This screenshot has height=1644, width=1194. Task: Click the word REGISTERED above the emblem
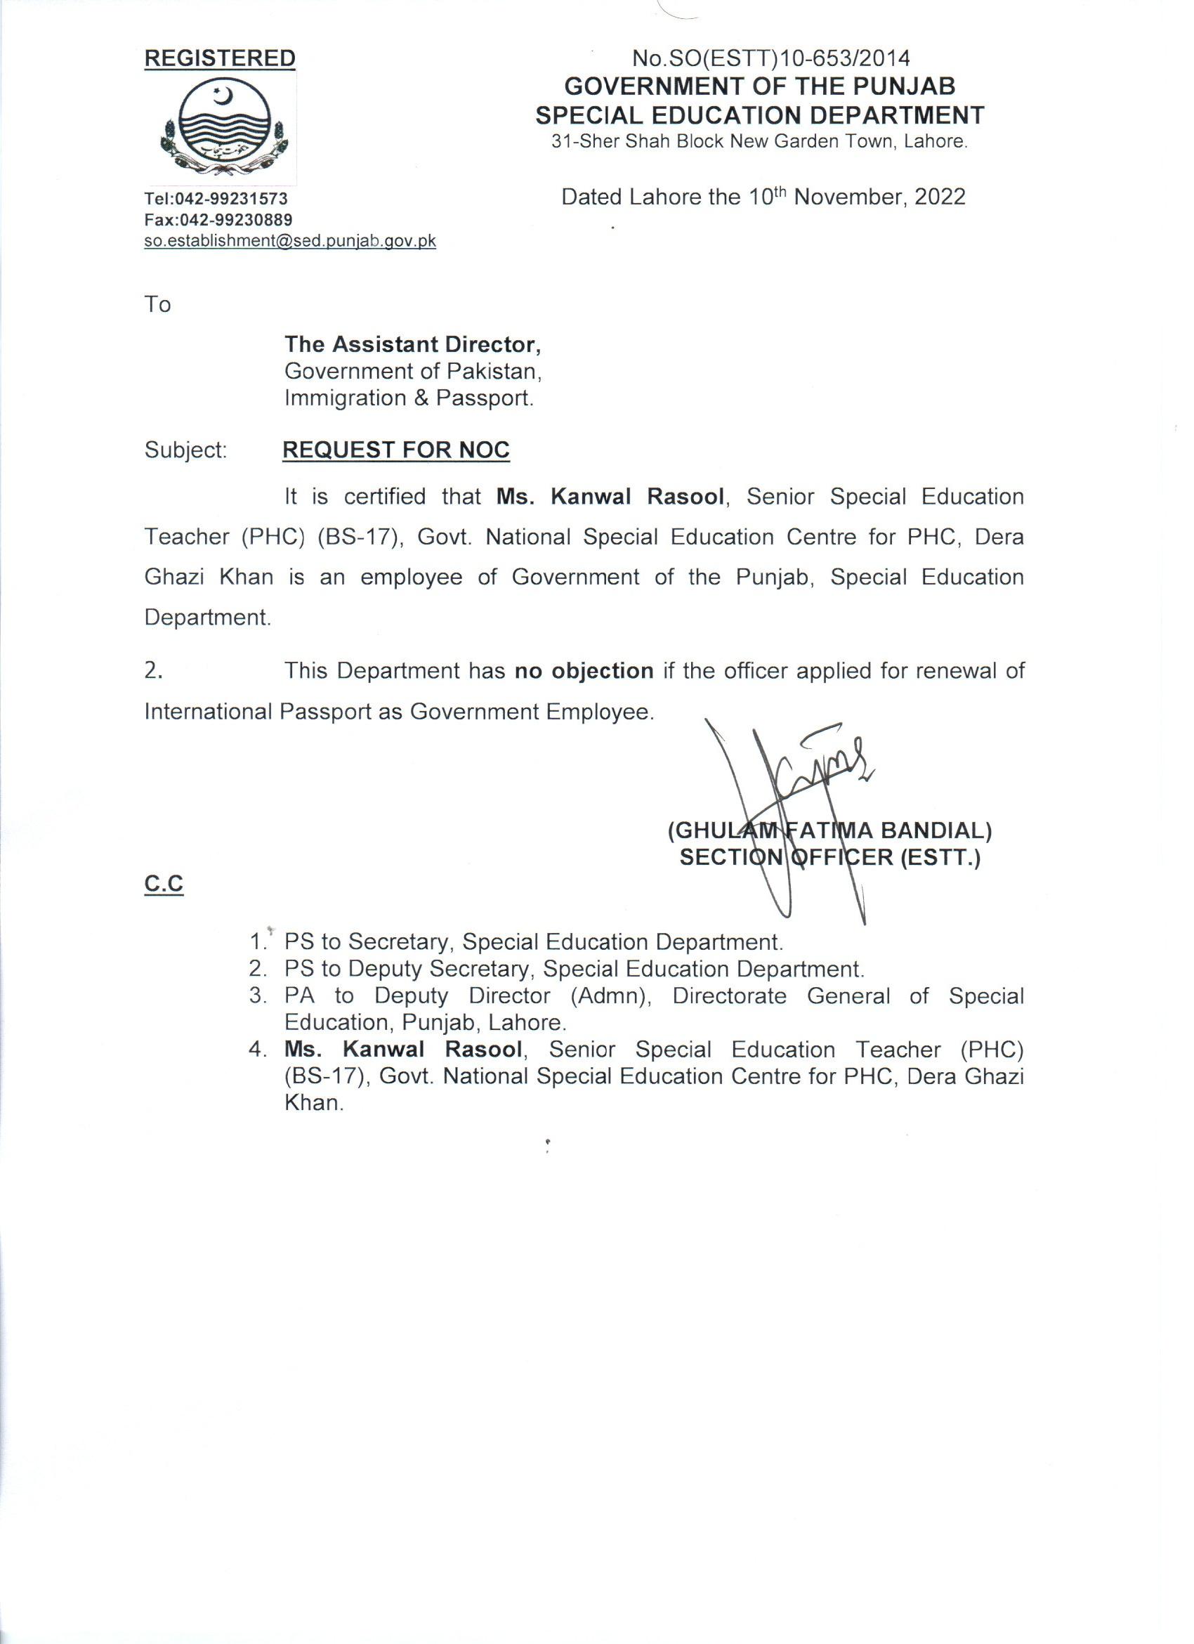[220, 59]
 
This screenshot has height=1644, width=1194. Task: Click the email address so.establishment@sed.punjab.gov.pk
[290, 242]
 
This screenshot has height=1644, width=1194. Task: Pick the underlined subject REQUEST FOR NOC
[395, 450]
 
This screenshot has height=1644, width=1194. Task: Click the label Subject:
[185, 450]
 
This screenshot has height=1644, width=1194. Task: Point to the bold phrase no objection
[584, 670]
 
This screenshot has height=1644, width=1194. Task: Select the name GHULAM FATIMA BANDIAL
[829, 830]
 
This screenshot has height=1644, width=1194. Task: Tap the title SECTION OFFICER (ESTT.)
[829, 859]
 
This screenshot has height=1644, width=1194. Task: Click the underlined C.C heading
[164, 885]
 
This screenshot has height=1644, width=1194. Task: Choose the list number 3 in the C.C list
[257, 996]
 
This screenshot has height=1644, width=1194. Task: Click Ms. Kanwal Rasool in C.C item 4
[403, 1050]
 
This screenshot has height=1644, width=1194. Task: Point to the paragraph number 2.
[153, 670]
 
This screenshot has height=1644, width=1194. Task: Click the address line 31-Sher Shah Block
[759, 141]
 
